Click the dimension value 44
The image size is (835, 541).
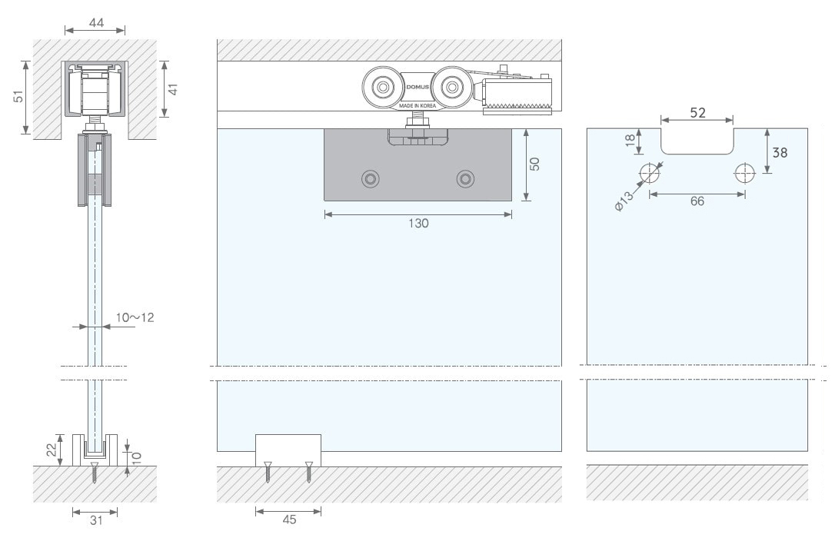tap(96, 23)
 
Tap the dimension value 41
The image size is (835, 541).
tap(174, 90)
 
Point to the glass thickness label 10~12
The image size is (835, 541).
tap(135, 317)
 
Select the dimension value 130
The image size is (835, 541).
tap(418, 224)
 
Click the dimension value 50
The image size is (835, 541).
tap(536, 164)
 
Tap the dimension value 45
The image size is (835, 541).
tap(289, 519)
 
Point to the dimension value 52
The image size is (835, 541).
tap(697, 113)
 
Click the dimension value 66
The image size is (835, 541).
tap(697, 201)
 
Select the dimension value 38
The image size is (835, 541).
tap(780, 152)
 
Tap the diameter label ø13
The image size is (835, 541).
tap(624, 204)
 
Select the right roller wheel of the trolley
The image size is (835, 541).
tap(450, 87)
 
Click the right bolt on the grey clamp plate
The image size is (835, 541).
tap(464, 179)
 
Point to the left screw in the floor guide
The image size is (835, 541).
tap(268, 470)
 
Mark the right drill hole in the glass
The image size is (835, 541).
tap(744, 173)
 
